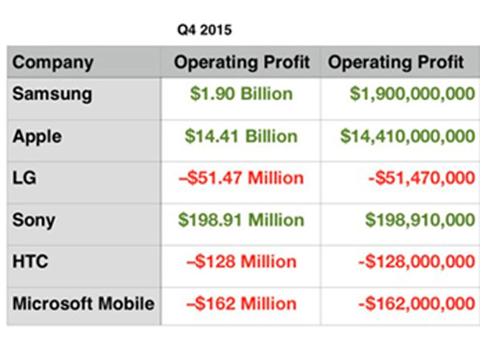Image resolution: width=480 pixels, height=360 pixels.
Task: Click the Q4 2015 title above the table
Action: point(205,30)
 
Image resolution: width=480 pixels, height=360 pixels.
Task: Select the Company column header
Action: point(53,63)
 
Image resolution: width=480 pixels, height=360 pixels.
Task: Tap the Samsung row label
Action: point(52,94)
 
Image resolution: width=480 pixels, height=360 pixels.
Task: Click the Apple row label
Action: point(37,137)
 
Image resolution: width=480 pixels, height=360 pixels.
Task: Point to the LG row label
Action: point(25,178)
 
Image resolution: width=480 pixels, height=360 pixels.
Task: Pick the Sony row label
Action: point(34,220)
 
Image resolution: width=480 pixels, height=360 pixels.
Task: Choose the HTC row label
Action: point(31,262)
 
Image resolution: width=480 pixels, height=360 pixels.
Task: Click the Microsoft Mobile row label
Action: point(83,304)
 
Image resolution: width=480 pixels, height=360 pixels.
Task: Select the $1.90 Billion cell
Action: point(241,94)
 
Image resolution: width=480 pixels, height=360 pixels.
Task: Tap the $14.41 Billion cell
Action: point(241,136)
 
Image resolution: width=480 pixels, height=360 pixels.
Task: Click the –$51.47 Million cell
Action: point(241,178)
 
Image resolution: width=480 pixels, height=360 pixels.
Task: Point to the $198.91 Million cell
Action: point(241,220)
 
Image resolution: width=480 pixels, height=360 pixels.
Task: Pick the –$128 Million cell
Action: point(241,262)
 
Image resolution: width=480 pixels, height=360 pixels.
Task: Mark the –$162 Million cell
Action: point(241,304)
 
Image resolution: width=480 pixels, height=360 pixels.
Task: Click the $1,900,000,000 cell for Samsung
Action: point(412,94)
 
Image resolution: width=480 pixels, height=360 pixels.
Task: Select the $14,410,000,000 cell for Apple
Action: point(407,136)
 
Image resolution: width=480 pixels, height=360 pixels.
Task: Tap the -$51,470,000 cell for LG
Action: point(422,178)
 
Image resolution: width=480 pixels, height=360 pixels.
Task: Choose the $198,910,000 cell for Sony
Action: point(420,220)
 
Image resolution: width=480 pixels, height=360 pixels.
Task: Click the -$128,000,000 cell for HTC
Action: point(416,262)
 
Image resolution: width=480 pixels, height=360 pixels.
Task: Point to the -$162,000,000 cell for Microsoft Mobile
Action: point(416,304)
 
